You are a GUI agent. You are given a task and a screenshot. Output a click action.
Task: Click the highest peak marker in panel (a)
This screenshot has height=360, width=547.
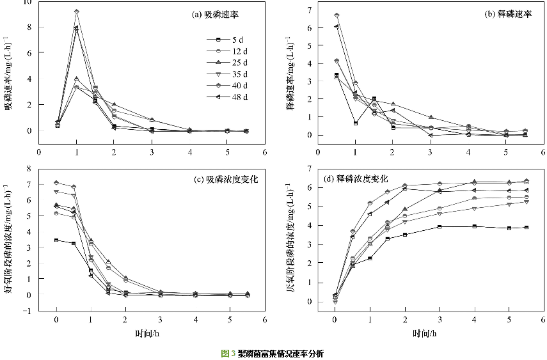coord(77,12)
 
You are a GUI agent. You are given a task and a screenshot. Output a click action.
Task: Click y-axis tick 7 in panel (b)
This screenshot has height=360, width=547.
coord(309,10)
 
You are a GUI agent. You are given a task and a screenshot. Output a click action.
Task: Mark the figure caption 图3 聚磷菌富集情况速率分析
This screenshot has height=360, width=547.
coord(273,353)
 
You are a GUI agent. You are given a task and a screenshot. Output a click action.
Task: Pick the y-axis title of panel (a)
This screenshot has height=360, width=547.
coord(10,77)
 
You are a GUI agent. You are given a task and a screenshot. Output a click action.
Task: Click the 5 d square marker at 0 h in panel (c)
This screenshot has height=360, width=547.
coord(57,240)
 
